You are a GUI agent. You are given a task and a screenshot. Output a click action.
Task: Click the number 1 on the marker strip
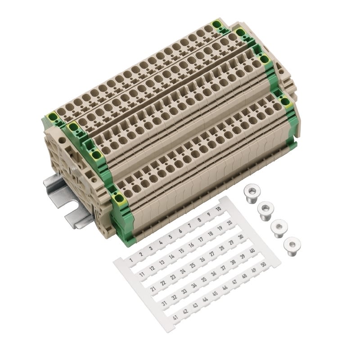[x=131, y=260]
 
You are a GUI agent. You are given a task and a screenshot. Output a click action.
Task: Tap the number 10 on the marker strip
[x=218, y=209]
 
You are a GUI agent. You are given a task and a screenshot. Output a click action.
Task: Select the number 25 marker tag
[x=193, y=265]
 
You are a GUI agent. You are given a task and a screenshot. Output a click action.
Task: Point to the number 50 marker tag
[x=263, y=265]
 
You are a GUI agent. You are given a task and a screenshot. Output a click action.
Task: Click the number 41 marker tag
[x=175, y=318]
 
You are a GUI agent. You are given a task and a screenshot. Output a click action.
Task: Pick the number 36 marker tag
[x=213, y=274]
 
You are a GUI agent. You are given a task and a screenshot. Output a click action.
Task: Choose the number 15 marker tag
[x=181, y=251]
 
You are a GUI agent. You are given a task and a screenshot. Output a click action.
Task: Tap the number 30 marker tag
[x=241, y=237]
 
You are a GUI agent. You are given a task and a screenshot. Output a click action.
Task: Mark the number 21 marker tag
[x=153, y=288]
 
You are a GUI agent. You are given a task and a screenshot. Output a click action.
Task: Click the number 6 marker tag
[x=180, y=231]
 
